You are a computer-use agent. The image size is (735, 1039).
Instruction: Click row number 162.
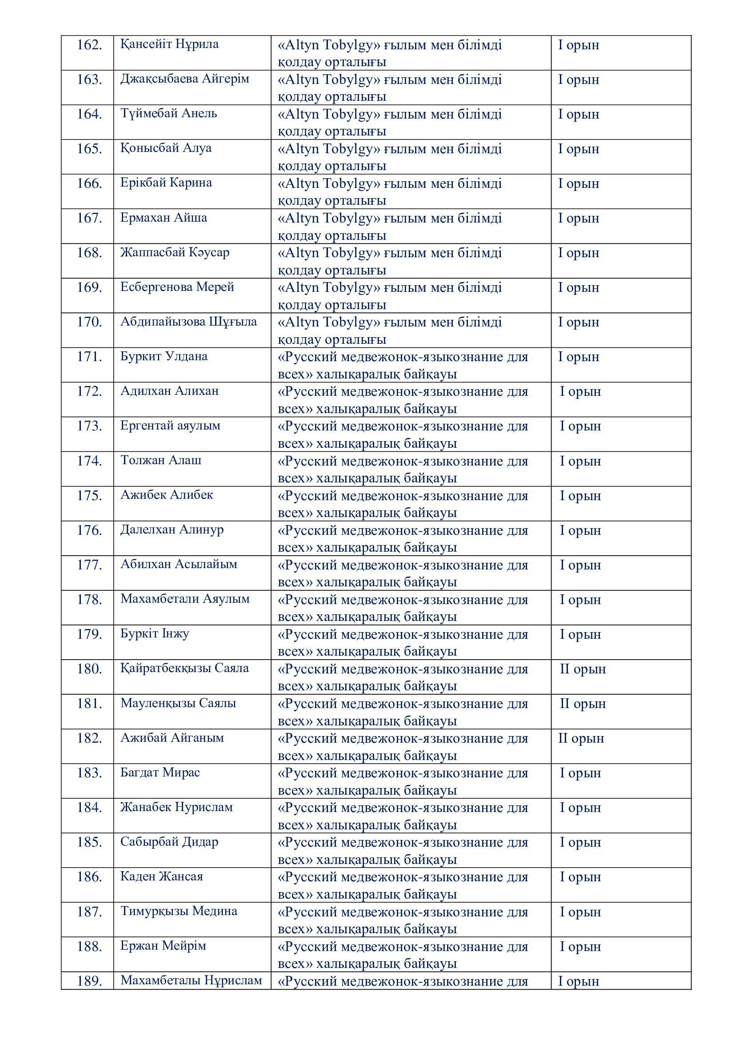coord(89,45)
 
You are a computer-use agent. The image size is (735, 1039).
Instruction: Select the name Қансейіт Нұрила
coord(169,44)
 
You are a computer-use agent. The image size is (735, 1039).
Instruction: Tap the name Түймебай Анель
coord(168,114)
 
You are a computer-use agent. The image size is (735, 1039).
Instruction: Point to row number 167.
coord(89,218)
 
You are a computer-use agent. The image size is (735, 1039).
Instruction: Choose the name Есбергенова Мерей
coord(177,287)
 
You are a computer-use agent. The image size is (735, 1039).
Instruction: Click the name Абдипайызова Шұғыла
coord(188,322)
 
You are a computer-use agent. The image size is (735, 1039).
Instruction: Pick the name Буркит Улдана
coord(164,357)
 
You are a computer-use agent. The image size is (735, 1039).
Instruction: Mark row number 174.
coord(89,461)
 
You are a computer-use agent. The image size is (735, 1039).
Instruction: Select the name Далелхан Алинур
coord(172,530)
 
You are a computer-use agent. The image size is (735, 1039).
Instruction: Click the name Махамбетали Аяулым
coord(185,599)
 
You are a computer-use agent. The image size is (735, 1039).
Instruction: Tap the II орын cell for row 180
coord(583,669)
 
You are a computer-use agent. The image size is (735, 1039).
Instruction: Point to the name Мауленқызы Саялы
coord(178,703)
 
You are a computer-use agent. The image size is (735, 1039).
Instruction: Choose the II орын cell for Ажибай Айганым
coord(581,738)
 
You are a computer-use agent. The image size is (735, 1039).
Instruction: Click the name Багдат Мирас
coord(160,772)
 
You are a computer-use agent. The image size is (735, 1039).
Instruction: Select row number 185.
coord(89,842)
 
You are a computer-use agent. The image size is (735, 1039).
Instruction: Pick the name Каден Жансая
coord(162,877)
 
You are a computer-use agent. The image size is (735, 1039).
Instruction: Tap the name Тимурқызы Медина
coord(179,912)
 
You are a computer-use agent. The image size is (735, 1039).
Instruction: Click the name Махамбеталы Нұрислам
coord(191,981)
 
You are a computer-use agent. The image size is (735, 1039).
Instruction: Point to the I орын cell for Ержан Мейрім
coord(580,946)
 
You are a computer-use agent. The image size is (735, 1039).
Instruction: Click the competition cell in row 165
coord(390,156)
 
